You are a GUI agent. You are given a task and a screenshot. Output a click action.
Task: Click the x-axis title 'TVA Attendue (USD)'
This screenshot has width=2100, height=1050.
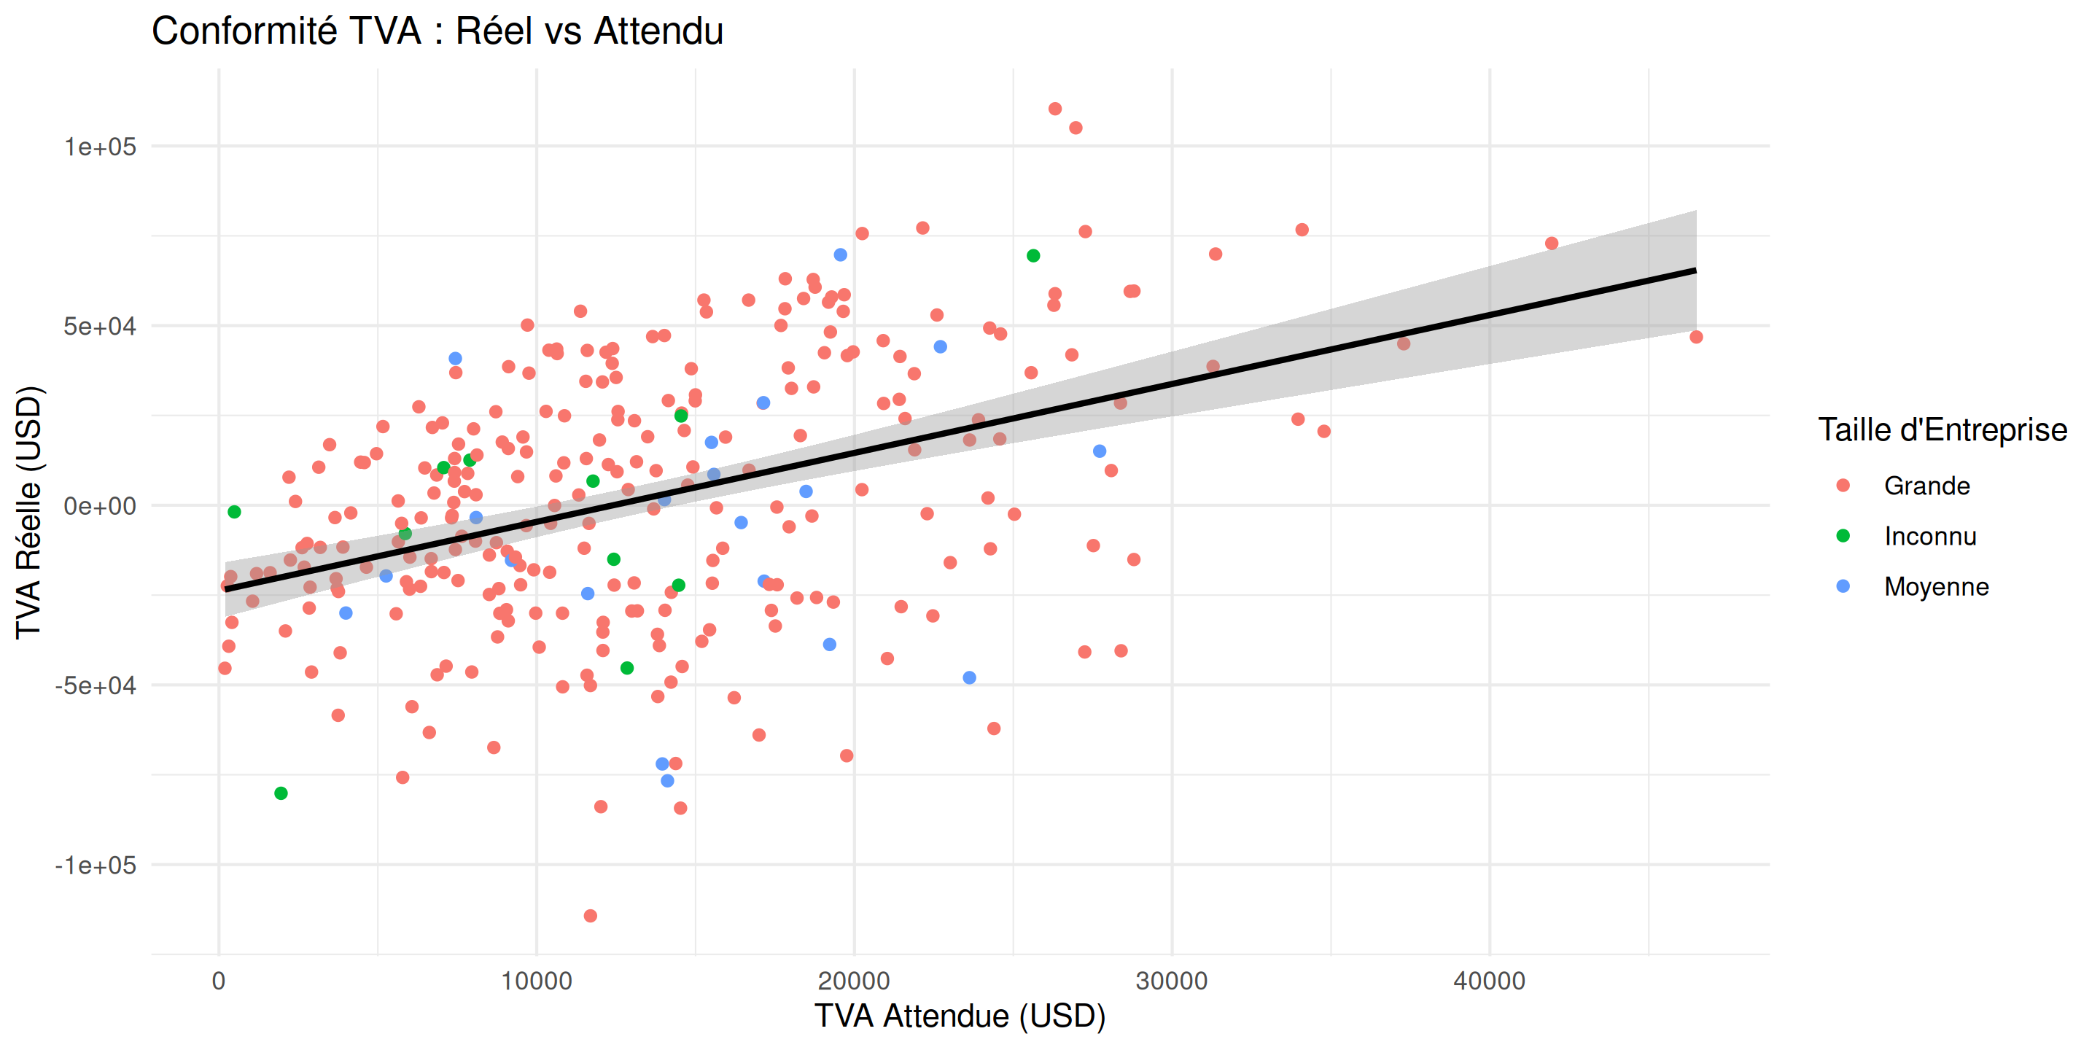point(960,1016)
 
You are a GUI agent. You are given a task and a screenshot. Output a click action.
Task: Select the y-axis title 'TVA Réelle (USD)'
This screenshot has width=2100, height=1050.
point(28,512)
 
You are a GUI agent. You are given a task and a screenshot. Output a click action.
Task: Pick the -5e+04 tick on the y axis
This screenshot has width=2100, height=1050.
point(96,685)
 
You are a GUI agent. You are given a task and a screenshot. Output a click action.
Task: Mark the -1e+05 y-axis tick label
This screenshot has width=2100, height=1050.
point(96,865)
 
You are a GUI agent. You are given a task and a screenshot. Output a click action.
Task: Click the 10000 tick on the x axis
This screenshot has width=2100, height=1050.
point(537,981)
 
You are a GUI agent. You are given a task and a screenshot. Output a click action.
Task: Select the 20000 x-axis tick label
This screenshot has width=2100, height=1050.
point(855,981)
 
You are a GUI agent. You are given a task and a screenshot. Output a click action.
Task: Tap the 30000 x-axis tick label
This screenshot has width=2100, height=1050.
point(1172,981)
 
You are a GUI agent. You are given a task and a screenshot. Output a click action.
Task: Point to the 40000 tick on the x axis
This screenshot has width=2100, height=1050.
point(1490,981)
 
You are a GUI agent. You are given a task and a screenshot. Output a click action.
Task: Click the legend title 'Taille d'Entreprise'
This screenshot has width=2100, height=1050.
point(1942,429)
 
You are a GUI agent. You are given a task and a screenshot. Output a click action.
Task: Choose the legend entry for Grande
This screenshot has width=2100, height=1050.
point(1926,486)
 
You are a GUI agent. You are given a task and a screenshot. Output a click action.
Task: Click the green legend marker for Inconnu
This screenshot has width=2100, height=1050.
point(1843,536)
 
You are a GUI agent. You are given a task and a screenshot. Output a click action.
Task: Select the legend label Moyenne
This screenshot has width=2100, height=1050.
point(1936,587)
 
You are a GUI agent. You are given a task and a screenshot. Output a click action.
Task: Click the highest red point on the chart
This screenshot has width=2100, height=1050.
point(1055,109)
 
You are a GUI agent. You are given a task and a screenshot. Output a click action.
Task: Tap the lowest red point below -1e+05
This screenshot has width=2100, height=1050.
point(590,916)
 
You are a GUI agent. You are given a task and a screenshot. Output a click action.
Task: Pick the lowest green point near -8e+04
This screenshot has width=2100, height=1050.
point(281,793)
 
